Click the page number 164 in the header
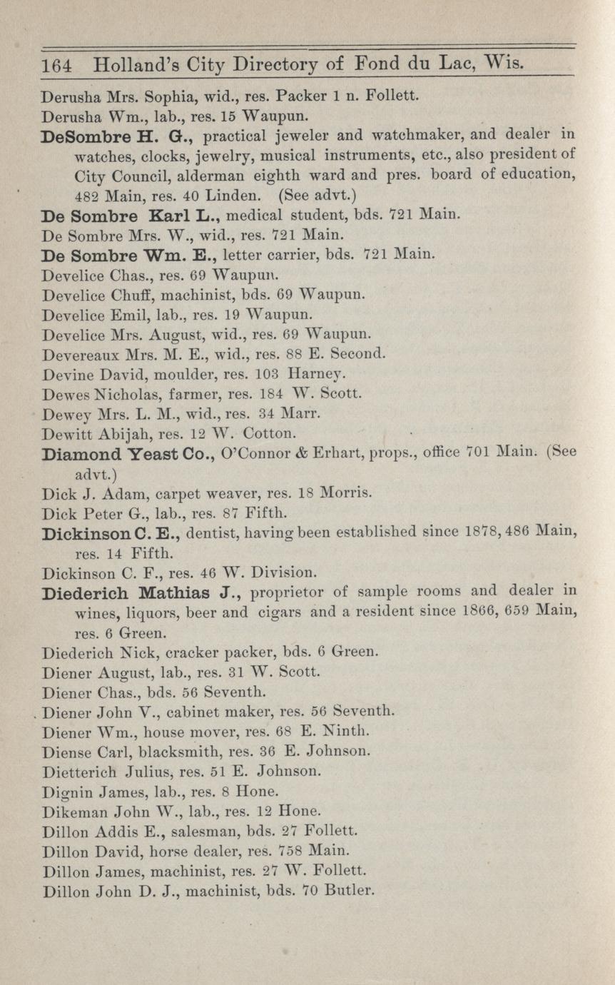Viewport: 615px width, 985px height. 56,66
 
